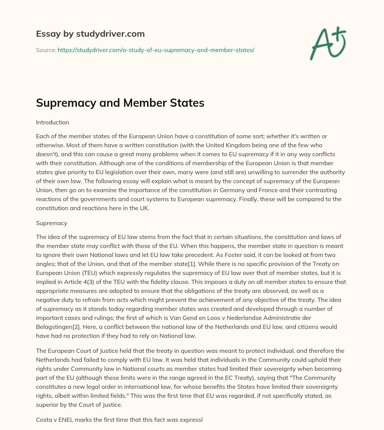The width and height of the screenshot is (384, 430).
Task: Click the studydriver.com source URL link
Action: [156, 50]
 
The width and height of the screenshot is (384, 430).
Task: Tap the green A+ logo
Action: [328, 43]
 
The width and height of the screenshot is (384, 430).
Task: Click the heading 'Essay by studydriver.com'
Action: [90, 34]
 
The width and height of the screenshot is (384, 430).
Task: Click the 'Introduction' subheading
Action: [52, 122]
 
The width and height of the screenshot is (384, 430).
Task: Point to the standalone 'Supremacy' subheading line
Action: [52, 223]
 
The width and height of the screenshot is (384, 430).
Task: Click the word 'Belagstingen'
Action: [54, 318]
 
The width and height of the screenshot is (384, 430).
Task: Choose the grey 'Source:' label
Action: [46, 50]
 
